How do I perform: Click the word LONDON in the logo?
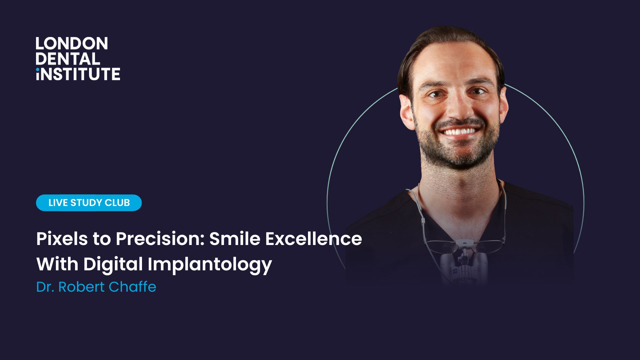(x=71, y=44)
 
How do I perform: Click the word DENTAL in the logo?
(x=68, y=59)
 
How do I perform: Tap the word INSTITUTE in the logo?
(x=78, y=74)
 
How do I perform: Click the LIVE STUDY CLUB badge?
(x=89, y=203)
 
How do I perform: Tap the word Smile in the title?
(x=235, y=239)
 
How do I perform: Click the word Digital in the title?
(x=113, y=264)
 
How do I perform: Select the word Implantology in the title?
(x=210, y=265)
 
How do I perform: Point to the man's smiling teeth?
(x=460, y=131)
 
